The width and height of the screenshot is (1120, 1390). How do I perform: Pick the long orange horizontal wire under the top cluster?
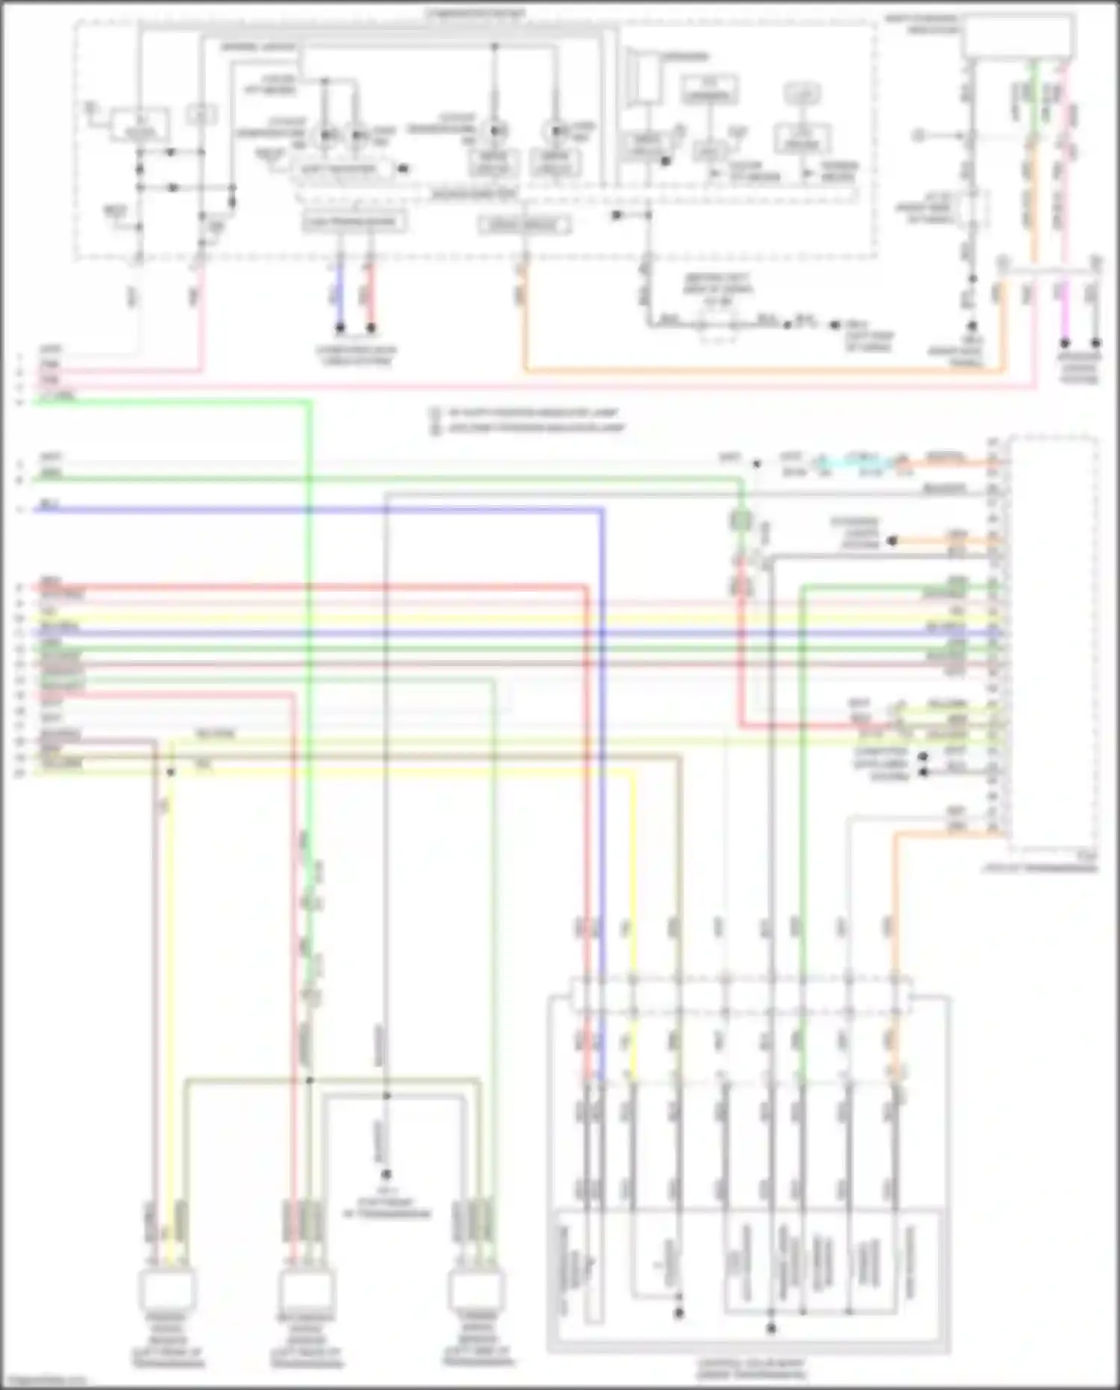tap(747, 369)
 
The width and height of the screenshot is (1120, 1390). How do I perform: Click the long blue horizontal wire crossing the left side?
tap(299, 510)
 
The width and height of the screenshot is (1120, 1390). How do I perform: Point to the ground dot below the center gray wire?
tap(386, 1175)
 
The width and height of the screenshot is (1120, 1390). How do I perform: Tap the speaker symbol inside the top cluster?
tap(642, 75)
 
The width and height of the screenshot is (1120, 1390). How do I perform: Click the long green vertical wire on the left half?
tap(308, 598)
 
